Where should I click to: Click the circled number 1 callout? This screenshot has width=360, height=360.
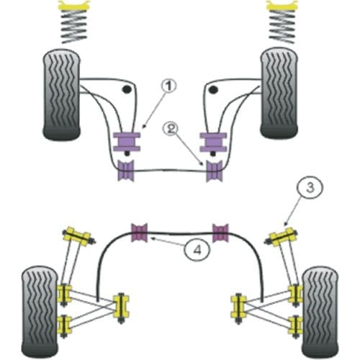(x=168, y=86)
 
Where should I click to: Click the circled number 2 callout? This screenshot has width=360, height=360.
(x=171, y=129)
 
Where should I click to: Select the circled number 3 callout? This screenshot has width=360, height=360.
(x=310, y=187)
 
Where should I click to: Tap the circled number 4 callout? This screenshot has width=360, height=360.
(x=197, y=250)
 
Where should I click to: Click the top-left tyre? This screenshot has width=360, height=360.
(x=62, y=94)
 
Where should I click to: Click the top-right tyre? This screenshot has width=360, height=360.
(x=279, y=93)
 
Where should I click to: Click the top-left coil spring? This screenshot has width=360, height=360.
(x=74, y=27)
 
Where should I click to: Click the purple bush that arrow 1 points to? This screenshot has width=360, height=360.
(x=127, y=142)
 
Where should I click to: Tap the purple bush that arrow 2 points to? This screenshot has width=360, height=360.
(x=215, y=171)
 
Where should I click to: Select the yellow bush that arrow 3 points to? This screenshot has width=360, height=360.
(x=282, y=237)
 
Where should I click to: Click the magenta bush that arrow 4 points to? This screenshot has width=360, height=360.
(x=139, y=233)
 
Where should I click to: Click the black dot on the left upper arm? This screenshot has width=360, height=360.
(x=127, y=89)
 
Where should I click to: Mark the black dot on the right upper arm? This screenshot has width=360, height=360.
(x=212, y=90)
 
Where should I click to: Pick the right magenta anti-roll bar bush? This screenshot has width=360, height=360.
(x=220, y=233)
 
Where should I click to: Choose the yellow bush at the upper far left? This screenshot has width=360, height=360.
(x=77, y=236)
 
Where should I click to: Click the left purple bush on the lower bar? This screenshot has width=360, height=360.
(x=126, y=171)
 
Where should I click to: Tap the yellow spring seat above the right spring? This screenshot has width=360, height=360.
(x=282, y=5)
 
